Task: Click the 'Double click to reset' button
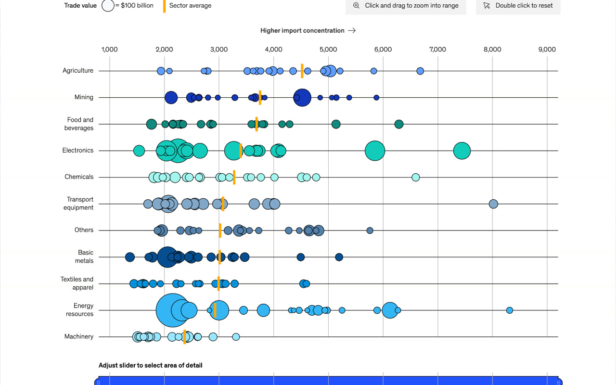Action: point(518,6)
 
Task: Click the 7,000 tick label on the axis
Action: point(437,50)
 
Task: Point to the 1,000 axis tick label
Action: point(110,50)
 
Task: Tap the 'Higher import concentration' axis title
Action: point(302,31)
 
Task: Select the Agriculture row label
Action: point(78,71)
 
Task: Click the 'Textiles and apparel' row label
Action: point(77,283)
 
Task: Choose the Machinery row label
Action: point(79,337)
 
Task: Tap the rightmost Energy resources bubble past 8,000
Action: point(509,310)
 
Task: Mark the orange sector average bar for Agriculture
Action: point(302,71)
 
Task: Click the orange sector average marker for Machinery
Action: point(184,337)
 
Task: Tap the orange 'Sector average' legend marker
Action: point(164,6)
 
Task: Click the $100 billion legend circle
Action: point(108,6)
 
